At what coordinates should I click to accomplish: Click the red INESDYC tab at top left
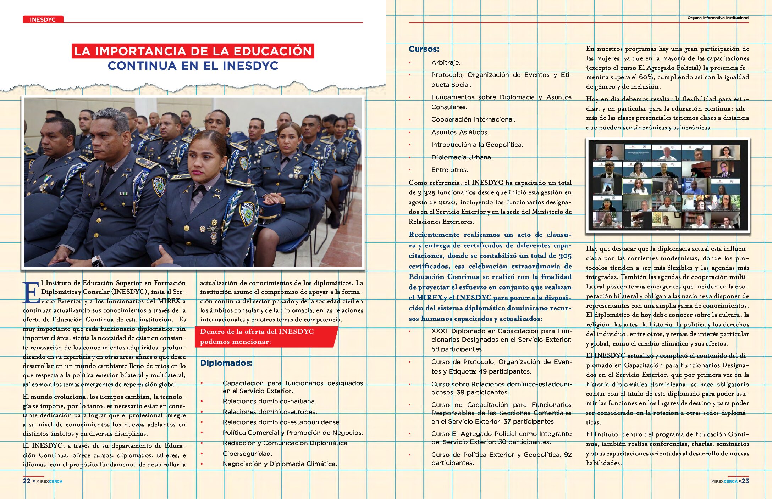pos(43,19)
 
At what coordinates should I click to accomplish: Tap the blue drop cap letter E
pos(31,293)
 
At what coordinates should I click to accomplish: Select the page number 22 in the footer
pos(27,481)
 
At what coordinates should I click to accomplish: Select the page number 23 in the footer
pos(745,481)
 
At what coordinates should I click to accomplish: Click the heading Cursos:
pos(424,49)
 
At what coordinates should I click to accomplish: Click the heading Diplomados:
pos(226,363)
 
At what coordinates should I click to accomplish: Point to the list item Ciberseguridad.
pos(247,454)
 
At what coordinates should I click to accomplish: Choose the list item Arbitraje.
pos(446,63)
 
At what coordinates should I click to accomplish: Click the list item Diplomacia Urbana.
pos(462,157)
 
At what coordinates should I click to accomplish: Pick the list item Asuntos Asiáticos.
pos(460,132)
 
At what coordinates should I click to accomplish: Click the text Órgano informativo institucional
pos(718,18)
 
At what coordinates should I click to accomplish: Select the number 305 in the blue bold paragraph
pos(565,256)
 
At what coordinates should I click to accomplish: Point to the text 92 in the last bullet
pos(568,455)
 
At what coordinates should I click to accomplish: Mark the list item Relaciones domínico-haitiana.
pos(269,401)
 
